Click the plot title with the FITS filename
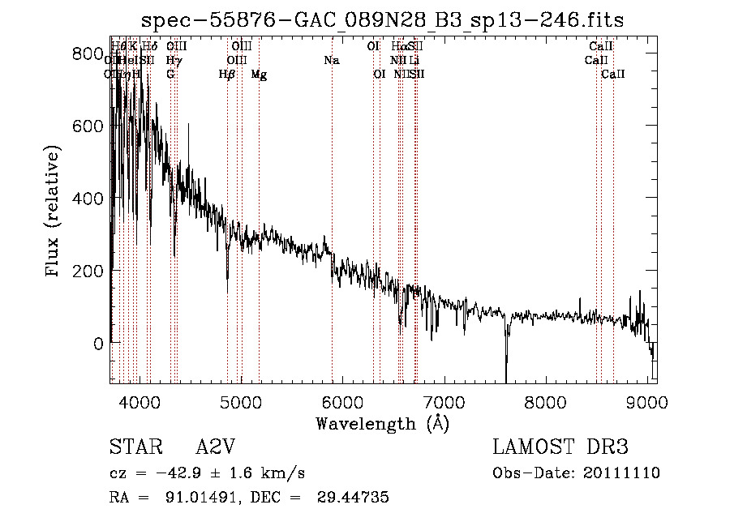pyautogui.click(x=382, y=20)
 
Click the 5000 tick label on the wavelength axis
pyautogui.click(x=240, y=402)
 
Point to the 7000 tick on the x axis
pyautogui.click(x=444, y=402)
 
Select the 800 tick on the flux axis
pyautogui.click(x=82, y=53)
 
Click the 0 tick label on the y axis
pyautogui.click(x=97, y=343)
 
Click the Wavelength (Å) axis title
pyautogui.click(x=382, y=423)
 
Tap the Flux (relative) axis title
pyautogui.click(x=54, y=212)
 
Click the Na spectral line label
pyautogui.click(x=331, y=61)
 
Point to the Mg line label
pyautogui.click(x=259, y=75)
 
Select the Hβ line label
pyautogui.click(x=227, y=75)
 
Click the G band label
pyautogui.click(x=170, y=75)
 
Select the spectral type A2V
pyautogui.click(x=218, y=447)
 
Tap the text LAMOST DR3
pyautogui.click(x=560, y=447)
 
